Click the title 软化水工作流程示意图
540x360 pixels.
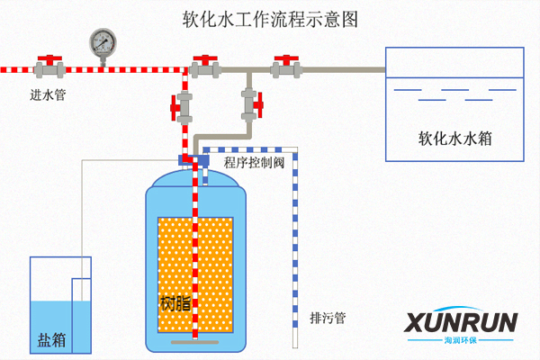(x=269, y=19)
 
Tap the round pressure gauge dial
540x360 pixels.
(x=103, y=41)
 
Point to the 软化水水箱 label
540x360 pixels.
(x=454, y=139)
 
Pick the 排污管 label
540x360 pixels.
(x=328, y=319)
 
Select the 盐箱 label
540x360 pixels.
(x=51, y=340)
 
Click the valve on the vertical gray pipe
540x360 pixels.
(x=250, y=105)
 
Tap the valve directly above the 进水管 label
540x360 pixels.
(x=49, y=66)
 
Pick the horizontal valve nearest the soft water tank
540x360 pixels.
(x=286, y=66)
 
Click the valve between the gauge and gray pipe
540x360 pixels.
(x=205, y=66)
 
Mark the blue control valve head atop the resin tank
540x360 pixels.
(x=193, y=160)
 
